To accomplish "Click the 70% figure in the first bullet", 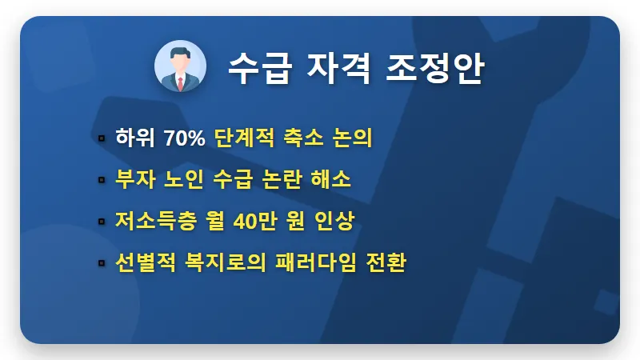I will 184,138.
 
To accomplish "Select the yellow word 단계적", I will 243,138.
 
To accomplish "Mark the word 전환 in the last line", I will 386,262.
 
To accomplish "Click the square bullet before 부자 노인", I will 102,180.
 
